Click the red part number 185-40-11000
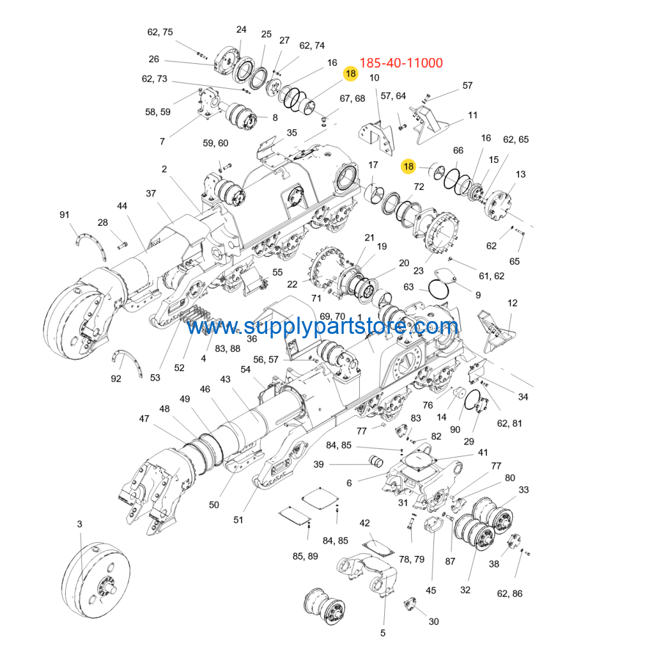[x=401, y=63]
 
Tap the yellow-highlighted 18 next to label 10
[x=351, y=74]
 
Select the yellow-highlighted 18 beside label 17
[x=408, y=166]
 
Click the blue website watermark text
[x=322, y=326]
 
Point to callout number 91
[x=65, y=215]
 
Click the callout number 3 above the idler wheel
[x=80, y=524]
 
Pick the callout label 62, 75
[x=160, y=32]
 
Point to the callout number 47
[x=144, y=418]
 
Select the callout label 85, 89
[x=305, y=556]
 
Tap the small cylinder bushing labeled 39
[x=376, y=461]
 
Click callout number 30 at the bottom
[x=434, y=622]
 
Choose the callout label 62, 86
[x=509, y=594]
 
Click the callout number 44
[x=122, y=206]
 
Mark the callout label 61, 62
[x=492, y=276]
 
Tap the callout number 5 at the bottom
[x=383, y=633]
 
